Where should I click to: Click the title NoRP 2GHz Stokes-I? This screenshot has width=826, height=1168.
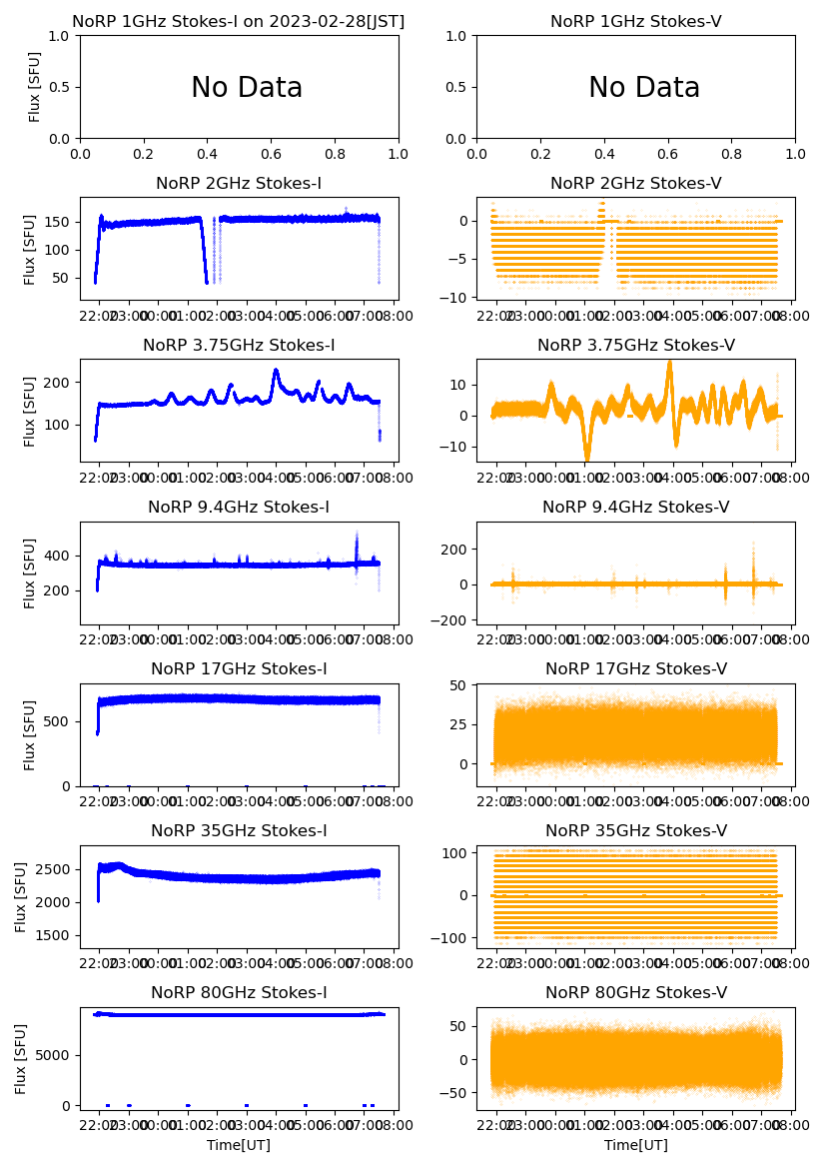pyautogui.click(x=239, y=183)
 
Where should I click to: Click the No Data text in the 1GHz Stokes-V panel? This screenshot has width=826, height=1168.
pyautogui.click(x=644, y=88)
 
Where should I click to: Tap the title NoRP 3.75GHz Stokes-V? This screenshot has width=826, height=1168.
pyautogui.click(x=636, y=345)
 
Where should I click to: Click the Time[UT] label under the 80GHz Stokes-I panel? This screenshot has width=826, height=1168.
pyautogui.click(x=239, y=1145)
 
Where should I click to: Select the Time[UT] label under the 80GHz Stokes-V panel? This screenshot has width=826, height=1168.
pyautogui.click(x=636, y=1145)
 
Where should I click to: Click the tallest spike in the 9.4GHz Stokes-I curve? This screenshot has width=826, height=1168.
pyautogui.click(x=357, y=533)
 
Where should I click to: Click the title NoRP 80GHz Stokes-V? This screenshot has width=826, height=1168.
pyautogui.click(x=636, y=992)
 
